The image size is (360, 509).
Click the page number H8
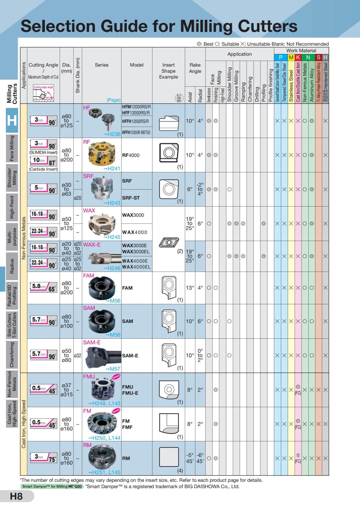[16, 496]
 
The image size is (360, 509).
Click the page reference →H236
[112, 134]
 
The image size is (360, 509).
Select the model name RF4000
[130, 155]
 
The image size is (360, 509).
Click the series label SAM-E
[92, 342]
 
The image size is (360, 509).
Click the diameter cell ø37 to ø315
[67, 390]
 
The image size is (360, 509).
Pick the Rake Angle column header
[195, 68]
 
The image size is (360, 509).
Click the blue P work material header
[281, 57]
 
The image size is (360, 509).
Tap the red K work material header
[298, 57]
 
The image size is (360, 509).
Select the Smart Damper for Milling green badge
[52, 486]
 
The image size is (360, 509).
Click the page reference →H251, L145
[104, 472]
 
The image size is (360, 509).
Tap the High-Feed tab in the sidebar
[12, 207]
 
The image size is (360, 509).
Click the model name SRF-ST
[131, 198]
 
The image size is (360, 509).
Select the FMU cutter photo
[102, 390]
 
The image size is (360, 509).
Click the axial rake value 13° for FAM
[190, 288]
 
